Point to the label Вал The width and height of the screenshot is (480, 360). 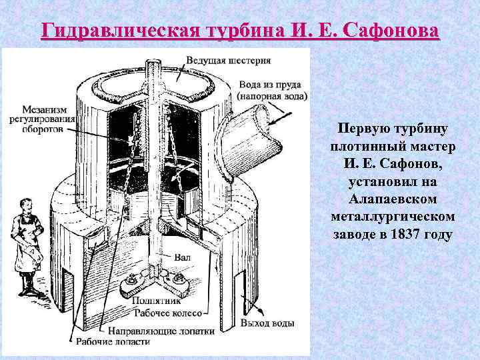pos(182,255)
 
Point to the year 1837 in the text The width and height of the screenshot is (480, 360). pos(411,235)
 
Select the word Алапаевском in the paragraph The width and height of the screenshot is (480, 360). pos(392,199)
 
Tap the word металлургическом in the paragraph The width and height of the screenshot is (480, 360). pos(392,217)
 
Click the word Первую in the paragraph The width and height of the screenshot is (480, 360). pos(361,127)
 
